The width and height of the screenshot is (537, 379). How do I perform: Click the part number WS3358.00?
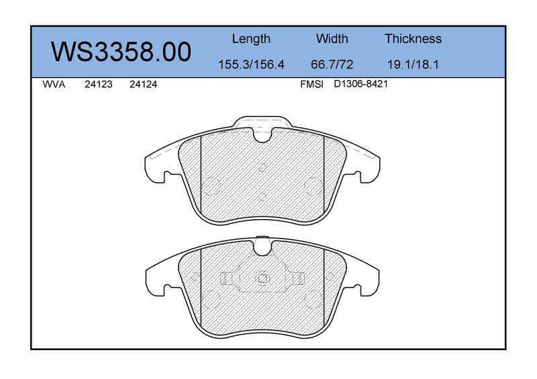click(x=121, y=52)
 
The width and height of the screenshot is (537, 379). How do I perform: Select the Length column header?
click(x=251, y=39)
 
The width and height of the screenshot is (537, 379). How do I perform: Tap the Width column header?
click(x=332, y=38)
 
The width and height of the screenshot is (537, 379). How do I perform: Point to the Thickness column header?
click(x=413, y=38)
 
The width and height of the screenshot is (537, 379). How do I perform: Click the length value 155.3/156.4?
click(x=251, y=64)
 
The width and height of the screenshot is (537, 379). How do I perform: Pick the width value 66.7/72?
click(x=332, y=64)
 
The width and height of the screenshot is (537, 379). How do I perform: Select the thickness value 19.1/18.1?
click(x=413, y=64)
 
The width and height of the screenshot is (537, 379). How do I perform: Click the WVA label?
click(x=54, y=85)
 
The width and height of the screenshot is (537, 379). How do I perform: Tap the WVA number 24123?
click(x=99, y=85)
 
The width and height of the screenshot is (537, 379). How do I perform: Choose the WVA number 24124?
click(x=143, y=85)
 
